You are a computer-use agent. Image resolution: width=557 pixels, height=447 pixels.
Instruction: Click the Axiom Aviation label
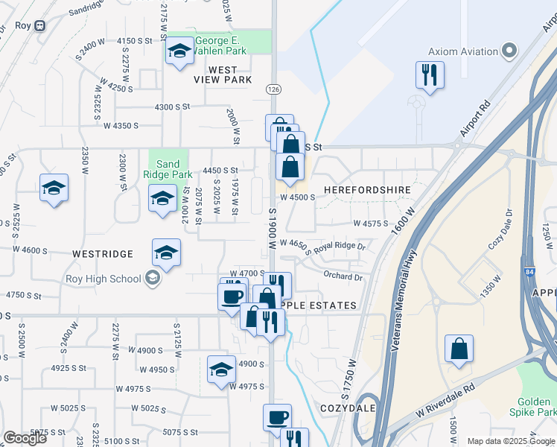(462, 51)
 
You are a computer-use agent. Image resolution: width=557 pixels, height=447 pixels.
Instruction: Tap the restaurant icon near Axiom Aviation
(430, 74)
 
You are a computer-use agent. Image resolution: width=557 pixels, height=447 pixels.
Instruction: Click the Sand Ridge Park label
(168, 169)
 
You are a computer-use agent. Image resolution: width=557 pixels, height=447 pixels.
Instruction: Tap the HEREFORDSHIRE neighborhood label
(367, 190)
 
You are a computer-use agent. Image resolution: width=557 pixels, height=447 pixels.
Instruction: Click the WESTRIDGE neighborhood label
(103, 254)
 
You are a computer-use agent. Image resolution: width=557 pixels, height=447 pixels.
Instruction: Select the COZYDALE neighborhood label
(346, 409)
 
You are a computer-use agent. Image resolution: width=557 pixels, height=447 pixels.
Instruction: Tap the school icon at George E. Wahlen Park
(179, 51)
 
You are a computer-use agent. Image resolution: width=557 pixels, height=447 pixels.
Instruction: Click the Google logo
(25, 438)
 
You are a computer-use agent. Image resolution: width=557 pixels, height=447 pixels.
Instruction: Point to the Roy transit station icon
(39, 25)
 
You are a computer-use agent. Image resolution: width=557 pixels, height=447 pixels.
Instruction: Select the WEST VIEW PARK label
(219, 74)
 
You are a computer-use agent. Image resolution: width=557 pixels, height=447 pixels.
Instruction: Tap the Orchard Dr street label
(343, 277)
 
